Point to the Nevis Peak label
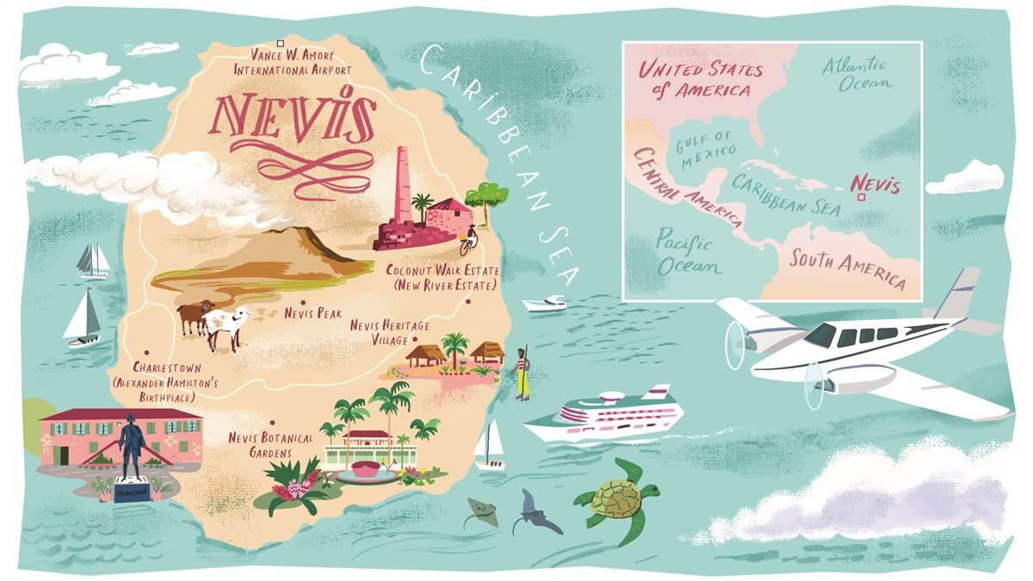click(x=312, y=314)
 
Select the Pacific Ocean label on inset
click(x=689, y=250)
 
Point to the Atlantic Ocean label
click(x=857, y=73)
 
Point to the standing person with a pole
click(x=523, y=373)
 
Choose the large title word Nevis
click(x=294, y=118)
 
